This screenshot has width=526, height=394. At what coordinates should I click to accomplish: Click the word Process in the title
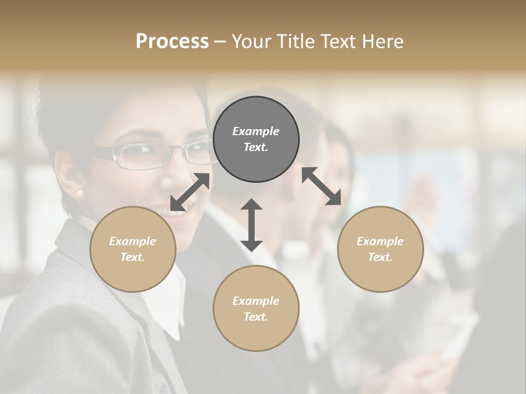click(172, 42)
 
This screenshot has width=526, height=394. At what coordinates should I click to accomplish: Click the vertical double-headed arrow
click(251, 225)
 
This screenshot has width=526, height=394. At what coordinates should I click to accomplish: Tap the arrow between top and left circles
click(190, 192)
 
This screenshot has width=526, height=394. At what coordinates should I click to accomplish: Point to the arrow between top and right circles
click(322, 186)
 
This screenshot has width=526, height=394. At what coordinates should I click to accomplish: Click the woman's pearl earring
click(80, 194)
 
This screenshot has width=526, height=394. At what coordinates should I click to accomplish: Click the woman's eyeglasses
click(148, 155)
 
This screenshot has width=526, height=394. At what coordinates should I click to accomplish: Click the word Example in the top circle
click(256, 131)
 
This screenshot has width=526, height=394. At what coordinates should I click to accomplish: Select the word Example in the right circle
click(380, 241)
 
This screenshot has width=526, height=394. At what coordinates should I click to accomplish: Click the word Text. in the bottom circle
click(256, 317)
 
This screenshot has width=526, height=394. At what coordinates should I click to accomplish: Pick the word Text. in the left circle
click(133, 257)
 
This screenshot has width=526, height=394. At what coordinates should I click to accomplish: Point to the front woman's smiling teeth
click(170, 211)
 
